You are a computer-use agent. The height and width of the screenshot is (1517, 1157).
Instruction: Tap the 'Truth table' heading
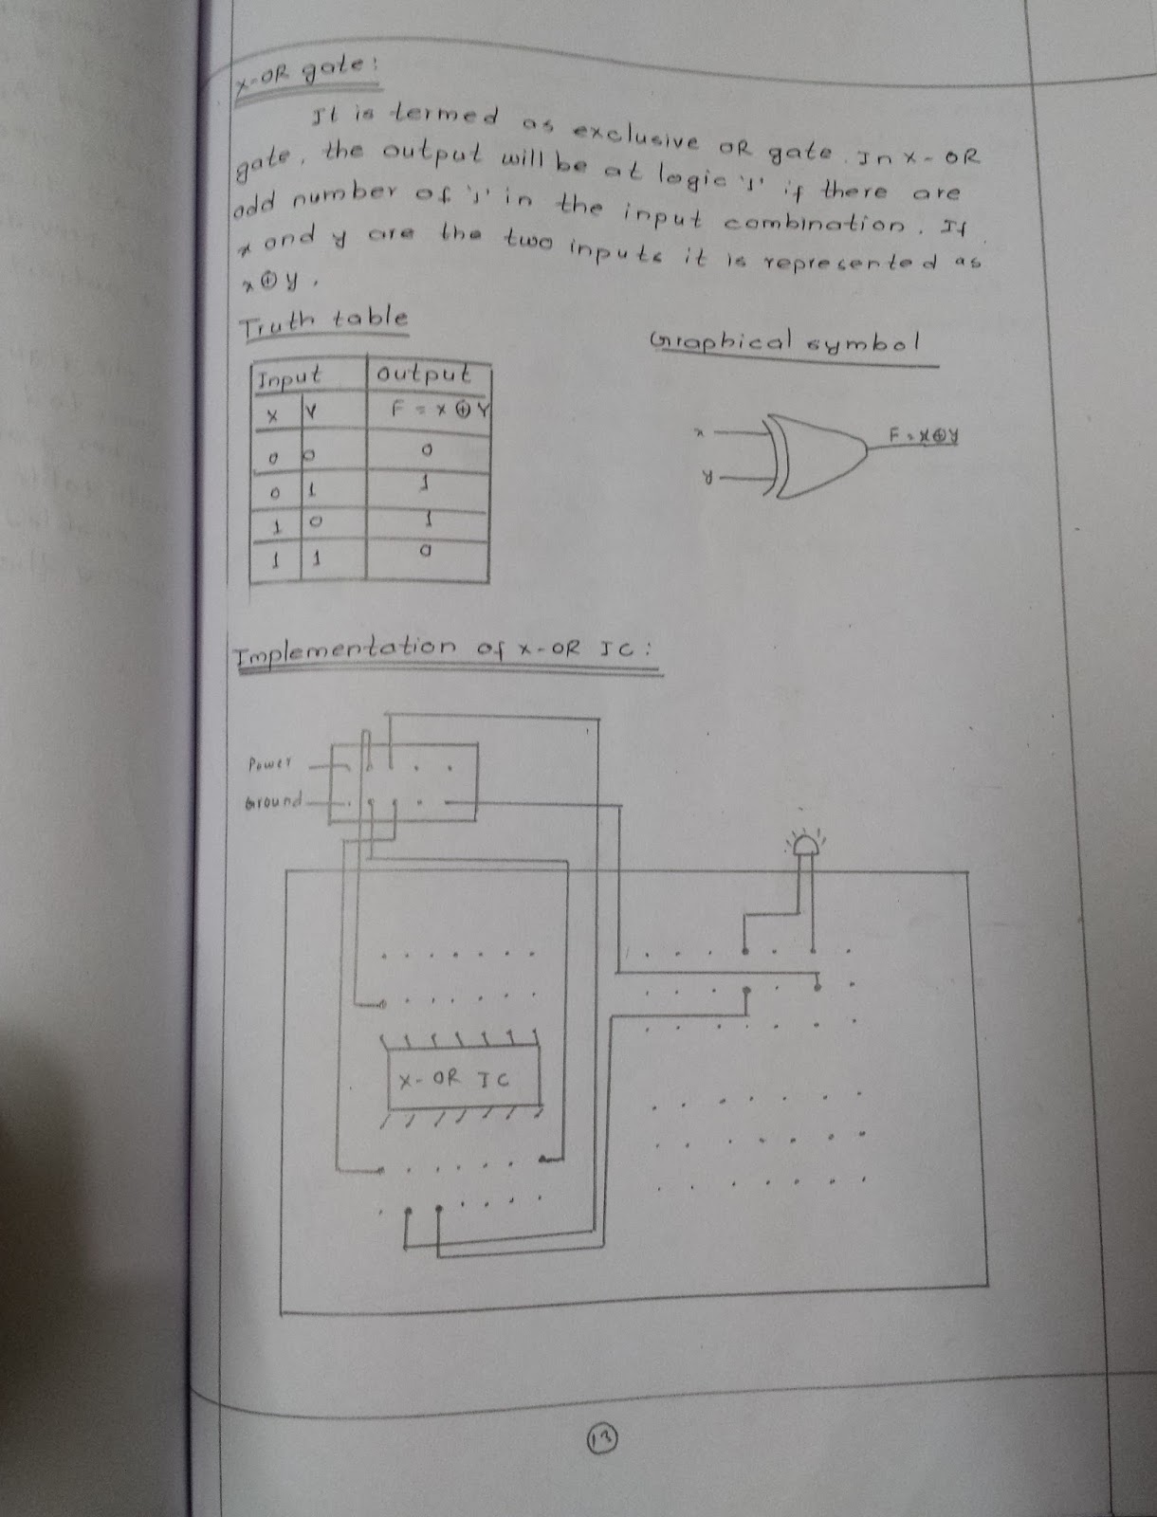(x=323, y=321)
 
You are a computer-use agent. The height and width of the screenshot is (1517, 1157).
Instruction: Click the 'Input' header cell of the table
(x=288, y=377)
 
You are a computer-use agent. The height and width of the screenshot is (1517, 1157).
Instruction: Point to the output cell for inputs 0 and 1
(x=427, y=484)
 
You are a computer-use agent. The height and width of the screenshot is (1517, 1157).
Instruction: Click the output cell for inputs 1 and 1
(x=427, y=549)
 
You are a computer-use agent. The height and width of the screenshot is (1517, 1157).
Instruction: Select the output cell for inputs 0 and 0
(x=427, y=448)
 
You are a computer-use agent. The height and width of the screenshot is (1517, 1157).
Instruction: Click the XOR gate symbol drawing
(x=816, y=453)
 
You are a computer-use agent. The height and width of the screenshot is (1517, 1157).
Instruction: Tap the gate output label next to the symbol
(x=924, y=435)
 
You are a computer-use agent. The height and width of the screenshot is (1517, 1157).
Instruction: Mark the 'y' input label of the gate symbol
(x=707, y=480)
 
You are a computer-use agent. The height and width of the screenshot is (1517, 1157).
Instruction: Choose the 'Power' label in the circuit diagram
(x=271, y=762)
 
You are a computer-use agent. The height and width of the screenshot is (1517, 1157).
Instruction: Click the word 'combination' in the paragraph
(x=816, y=224)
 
